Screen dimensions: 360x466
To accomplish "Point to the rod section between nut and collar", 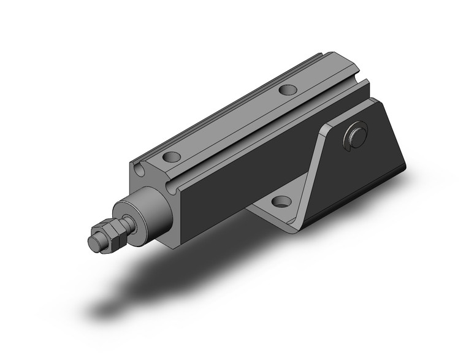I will point(129,220).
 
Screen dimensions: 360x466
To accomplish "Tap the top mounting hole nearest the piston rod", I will point(172,156).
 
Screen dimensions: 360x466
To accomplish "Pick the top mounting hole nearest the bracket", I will point(287,90).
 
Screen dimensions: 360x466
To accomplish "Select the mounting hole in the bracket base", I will point(281,201).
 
